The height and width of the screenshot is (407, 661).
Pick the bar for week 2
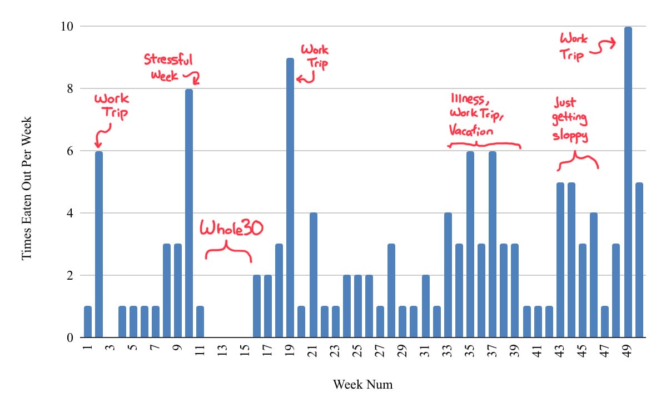pyautogui.click(x=99, y=245)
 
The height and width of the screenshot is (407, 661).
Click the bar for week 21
pyautogui.click(x=313, y=275)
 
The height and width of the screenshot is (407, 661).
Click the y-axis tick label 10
pyautogui.click(x=69, y=27)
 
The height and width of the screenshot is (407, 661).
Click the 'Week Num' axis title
pyautogui.click(x=362, y=384)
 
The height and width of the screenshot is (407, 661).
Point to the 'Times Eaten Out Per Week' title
pyautogui.click(x=27, y=188)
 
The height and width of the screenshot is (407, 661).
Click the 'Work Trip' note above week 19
pyautogui.click(x=315, y=56)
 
